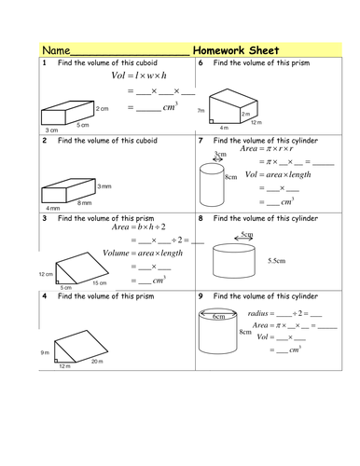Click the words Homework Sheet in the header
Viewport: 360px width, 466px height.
point(236,50)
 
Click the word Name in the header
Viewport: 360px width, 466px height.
point(56,50)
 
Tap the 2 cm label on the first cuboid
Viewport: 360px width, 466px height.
point(103,109)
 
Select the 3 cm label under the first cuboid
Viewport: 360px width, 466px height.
point(52,130)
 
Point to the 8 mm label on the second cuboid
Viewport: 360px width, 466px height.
point(85,203)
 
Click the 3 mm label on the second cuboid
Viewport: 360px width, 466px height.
point(104,186)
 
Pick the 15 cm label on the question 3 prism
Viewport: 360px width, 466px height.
point(100,283)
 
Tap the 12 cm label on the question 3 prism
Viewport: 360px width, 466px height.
point(46,274)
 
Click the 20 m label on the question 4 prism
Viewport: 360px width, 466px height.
point(97,362)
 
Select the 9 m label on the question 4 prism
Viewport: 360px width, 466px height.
point(45,352)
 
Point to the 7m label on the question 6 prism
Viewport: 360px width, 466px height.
point(201,110)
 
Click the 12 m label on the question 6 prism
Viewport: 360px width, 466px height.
point(256,122)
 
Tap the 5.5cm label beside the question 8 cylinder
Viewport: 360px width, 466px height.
point(277,261)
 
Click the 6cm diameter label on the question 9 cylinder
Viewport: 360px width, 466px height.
point(219,317)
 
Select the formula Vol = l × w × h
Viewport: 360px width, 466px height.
point(139,75)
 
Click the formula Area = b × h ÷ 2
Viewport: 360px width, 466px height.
point(139,227)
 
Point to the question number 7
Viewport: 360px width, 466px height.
point(201,141)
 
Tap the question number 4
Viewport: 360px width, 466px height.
point(45,296)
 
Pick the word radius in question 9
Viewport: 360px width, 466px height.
point(257,313)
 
